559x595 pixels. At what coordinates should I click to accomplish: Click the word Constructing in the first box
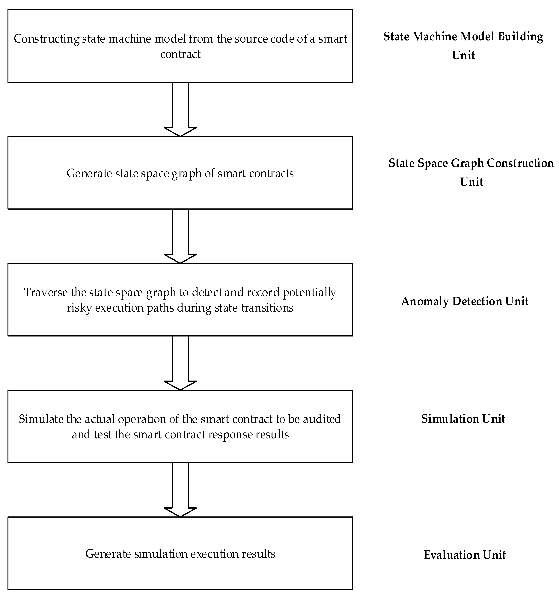click(46, 39)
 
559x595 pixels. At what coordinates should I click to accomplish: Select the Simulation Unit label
click(463, 419)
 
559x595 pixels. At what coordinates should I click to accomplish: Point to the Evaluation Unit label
click(464, 555)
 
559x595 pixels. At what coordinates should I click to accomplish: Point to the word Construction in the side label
click(520, 163)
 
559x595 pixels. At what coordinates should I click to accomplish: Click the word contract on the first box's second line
click(180, 55)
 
